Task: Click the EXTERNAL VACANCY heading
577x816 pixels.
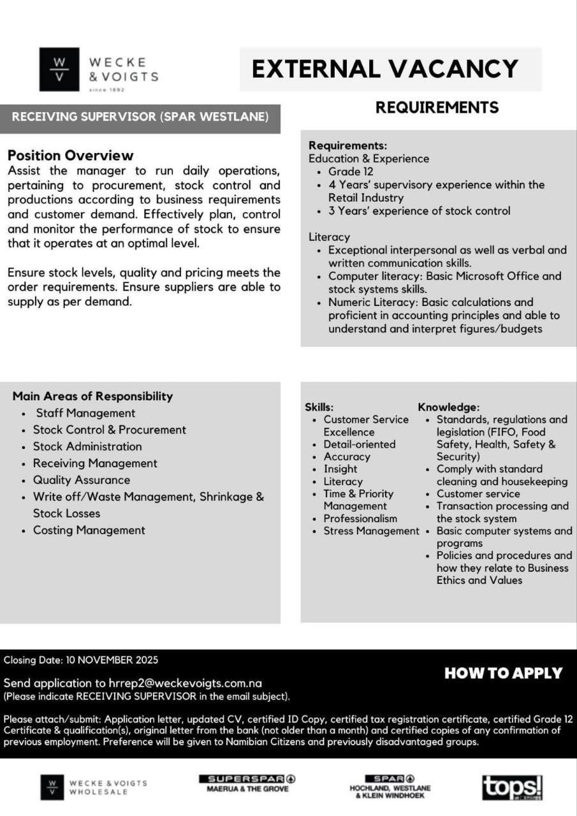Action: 384,68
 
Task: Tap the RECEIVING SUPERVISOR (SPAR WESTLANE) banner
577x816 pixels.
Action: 140,117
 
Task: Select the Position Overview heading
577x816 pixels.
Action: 70,155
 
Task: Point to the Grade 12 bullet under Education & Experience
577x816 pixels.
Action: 351,171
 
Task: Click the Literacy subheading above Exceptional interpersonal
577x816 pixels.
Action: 329,237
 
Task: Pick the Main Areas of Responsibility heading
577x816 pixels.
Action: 92,396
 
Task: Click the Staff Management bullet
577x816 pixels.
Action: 85,413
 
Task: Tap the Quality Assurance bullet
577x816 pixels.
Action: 81,480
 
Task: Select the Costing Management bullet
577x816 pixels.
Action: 89,530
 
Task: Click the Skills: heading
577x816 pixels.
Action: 319,407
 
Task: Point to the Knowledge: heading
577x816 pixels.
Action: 448,407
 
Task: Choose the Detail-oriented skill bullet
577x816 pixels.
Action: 359,444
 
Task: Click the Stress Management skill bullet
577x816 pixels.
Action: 371,531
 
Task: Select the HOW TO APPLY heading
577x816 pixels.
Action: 503,673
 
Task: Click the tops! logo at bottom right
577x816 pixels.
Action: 512,788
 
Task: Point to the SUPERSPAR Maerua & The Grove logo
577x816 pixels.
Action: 247,783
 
